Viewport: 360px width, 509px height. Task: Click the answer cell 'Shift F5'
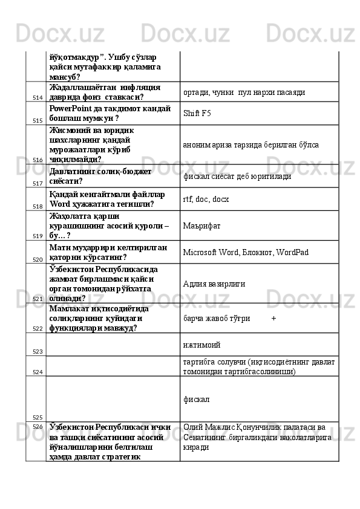pos(197,113)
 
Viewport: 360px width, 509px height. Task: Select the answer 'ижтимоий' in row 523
pos(201,345)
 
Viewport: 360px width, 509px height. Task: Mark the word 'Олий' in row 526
pos(192,427)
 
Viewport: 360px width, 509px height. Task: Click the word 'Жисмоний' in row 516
pos(71,129)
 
